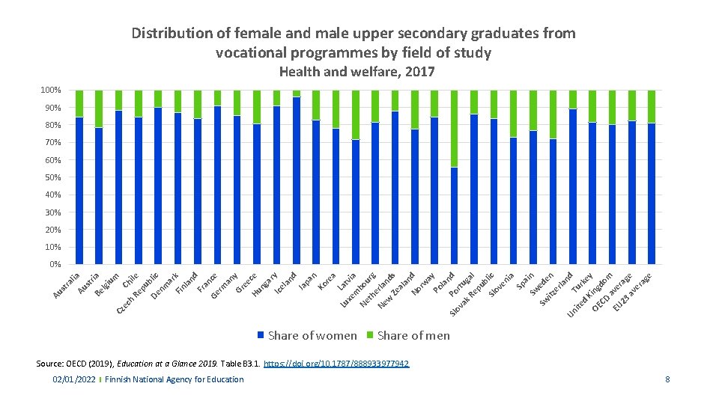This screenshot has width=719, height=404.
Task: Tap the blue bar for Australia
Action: (79, 191)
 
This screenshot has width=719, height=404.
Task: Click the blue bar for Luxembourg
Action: (356, 201)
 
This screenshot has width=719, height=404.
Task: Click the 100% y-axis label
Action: (49, 91)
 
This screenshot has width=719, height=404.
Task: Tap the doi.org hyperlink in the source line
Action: (337, 364)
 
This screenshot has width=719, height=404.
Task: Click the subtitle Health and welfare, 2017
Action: (357, 72)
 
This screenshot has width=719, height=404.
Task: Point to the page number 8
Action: (667, 380)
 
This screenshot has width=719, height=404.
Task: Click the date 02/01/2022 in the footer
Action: (74, 380)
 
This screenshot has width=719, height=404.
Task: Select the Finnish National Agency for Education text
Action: (175, 380)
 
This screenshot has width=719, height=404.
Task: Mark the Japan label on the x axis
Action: (309, 281)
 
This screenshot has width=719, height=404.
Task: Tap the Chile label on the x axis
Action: (131, 280)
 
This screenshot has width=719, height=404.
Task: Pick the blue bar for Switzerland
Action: (553, 201)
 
